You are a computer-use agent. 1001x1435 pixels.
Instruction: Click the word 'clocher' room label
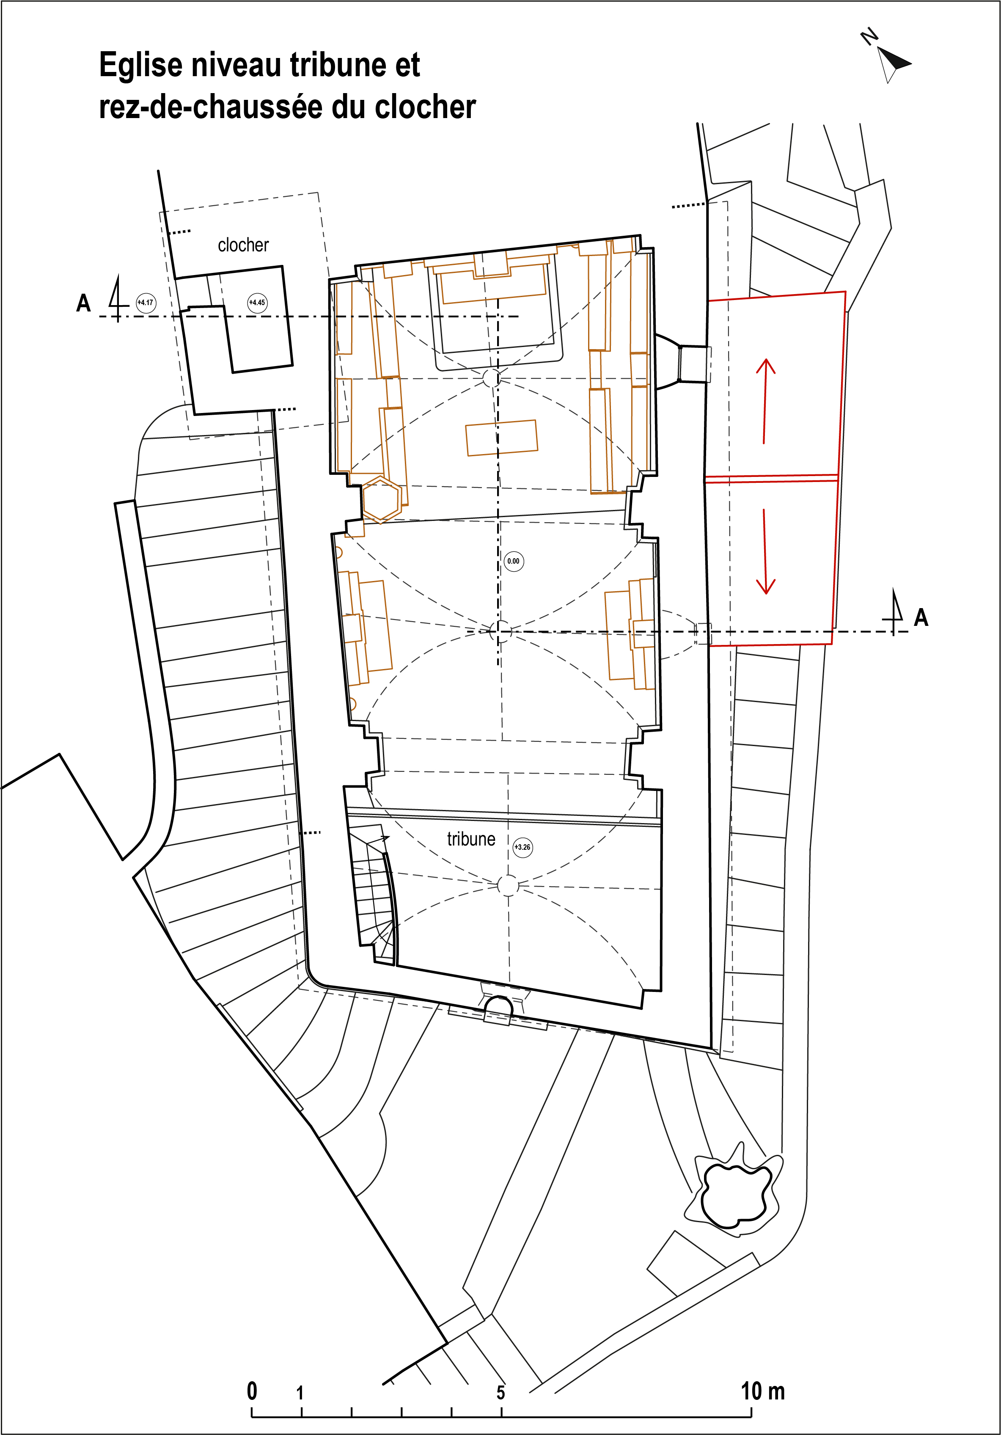pyautogui.click(x=243, y=245)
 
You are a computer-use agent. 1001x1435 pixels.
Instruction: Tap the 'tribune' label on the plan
pyautogui.click(x=471, y=839)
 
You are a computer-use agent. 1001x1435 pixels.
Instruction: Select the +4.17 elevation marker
pyautogui.click(x=145, y=303)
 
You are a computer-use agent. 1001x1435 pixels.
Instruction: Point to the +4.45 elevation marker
pyautogui.click(x=257, y=303)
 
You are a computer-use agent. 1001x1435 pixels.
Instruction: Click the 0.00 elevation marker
pyautogui.click(x=513, y=561)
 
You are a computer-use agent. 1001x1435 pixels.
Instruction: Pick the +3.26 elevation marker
pyautogui.click(x=522, y=848)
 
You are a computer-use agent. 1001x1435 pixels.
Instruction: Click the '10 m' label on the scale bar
pyautogui.click(x=762, y=1391)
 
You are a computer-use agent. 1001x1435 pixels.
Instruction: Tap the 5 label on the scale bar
pyautogui.click(x=500, y=1393)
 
